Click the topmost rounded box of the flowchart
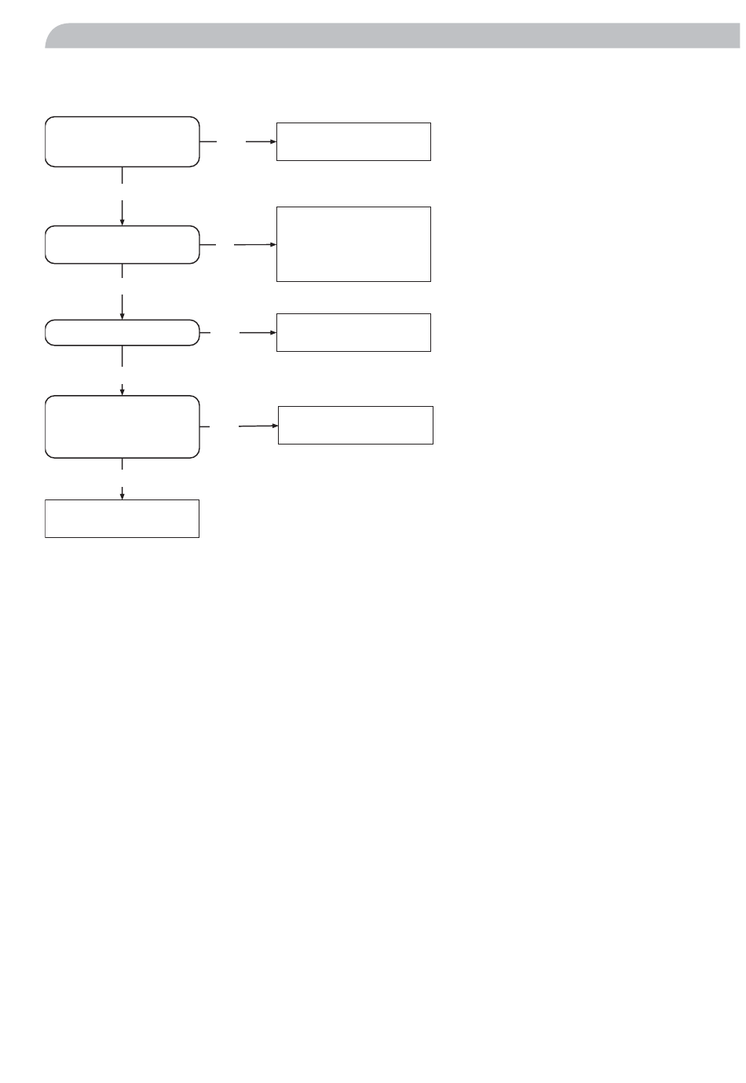point(122,141)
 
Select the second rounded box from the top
point(122,244)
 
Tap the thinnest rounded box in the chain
point(122,333)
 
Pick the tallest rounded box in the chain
point(122,426)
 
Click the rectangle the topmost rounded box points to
point(353,141)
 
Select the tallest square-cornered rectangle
point(353,243)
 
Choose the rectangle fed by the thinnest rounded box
point(353,332)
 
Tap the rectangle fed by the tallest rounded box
point(356,425)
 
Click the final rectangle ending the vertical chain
point(122,518)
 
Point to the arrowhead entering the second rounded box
point(123,222)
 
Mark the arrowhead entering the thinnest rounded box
point(123,316)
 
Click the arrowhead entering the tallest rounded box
point(123,392)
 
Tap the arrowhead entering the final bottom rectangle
point(123,496)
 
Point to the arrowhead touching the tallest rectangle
point(272,244)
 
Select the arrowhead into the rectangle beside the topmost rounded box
point(272,141)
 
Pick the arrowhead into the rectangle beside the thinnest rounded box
point(272,332)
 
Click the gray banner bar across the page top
point(393,36)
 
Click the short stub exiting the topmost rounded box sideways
point(208,141)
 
